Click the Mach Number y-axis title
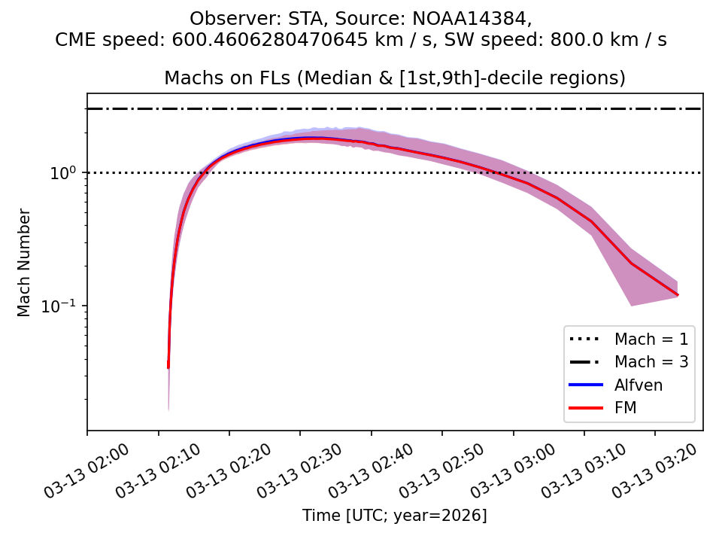25,263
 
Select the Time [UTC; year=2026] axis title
395,516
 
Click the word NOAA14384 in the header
473,18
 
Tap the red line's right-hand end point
678,294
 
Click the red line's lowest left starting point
168,367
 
